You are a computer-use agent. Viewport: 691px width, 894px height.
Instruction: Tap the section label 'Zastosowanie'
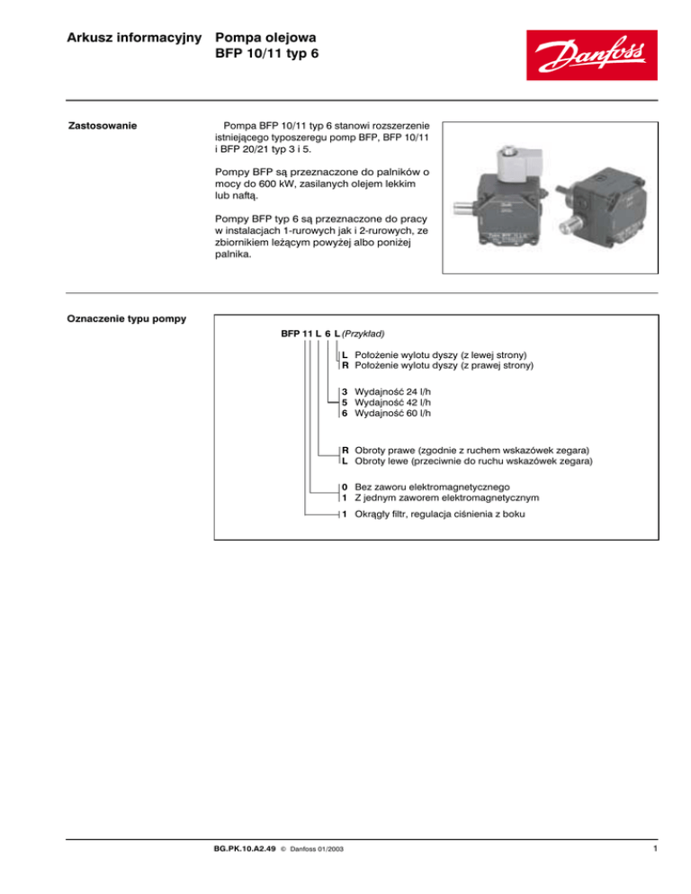(103, 125)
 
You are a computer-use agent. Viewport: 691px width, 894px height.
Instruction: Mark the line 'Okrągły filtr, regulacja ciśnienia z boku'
(444, 514)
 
